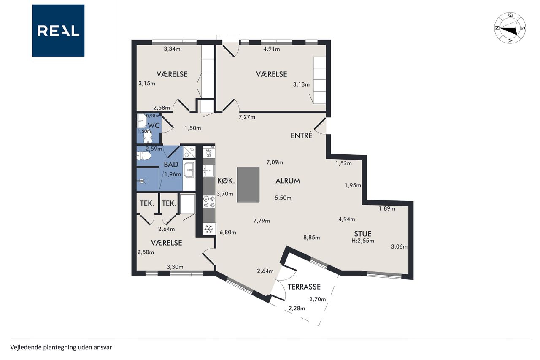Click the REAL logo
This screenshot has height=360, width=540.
tap(58, 31)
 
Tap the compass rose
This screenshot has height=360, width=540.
tap(510, 28)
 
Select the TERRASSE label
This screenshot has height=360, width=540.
tap(304, 287)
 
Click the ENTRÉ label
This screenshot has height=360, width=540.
tap(301, 135)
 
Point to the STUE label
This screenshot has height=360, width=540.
tap(362, 234)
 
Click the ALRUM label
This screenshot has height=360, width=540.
tap(288, 181)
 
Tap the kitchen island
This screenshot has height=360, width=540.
tap(248, 185)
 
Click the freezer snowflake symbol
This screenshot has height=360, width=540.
tap(209, 229)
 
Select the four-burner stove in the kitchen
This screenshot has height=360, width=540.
tap(209, 202)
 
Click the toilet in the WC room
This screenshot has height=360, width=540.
tap(148, 138)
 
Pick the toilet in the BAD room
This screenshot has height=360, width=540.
tap(144, 156)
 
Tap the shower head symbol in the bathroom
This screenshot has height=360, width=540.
tap(142, 181)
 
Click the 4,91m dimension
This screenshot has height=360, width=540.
tap(272, 49)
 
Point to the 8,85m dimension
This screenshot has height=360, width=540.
tap(311, 238)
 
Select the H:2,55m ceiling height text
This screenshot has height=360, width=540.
tap(362, 241)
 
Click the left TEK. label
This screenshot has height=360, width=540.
tap(147, 203)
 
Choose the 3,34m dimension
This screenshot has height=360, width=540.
tap(172, 49)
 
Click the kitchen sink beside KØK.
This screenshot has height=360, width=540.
tap(209, 171)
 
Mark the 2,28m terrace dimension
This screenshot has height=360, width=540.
tap(297, 309)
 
